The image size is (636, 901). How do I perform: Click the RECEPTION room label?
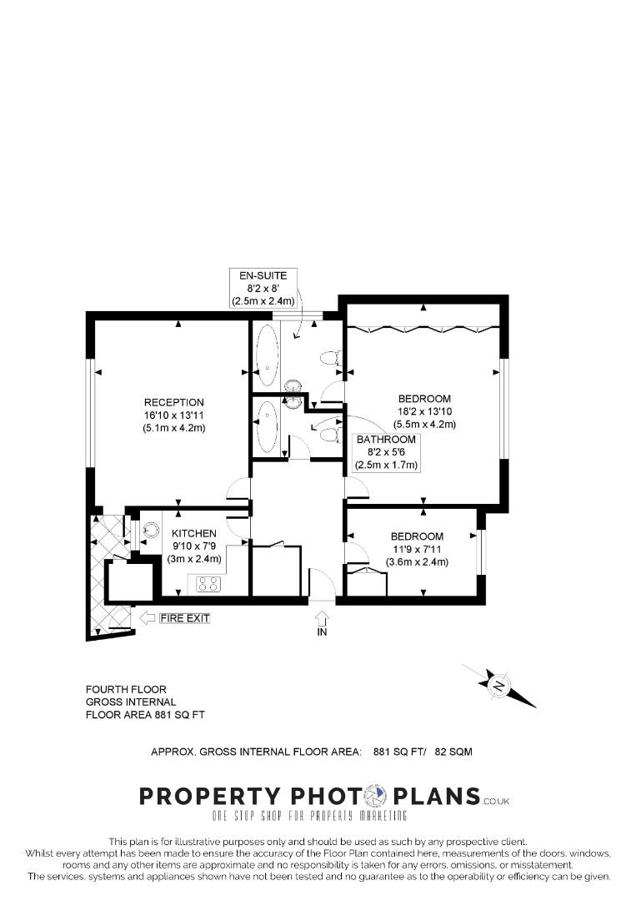coord(173,415)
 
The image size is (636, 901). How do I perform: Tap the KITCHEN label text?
coord(194,533)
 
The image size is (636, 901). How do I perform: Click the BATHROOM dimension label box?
coord(386,451)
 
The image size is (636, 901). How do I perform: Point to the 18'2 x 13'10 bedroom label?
coord(424,411)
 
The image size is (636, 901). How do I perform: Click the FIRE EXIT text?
coord(186,618)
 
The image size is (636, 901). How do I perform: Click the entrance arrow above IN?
coord(323,617)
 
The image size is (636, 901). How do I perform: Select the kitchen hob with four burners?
coord(208,585)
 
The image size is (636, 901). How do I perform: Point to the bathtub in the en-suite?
coord(268,354)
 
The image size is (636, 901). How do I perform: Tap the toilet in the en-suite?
coord(329,359)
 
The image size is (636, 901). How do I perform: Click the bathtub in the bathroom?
coord(267,425)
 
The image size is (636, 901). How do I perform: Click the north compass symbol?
coord(499,687)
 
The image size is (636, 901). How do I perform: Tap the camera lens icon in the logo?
coord(378,796)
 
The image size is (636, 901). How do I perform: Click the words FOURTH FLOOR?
coord(126,689)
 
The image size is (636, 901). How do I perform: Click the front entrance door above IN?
coord(321,584)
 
